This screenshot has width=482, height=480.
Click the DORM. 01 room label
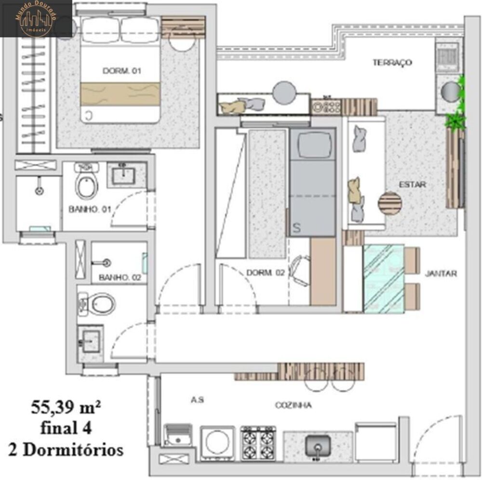pos(121,71)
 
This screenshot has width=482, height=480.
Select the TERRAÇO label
pos(392,63)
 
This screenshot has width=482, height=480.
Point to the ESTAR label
pos(412,185)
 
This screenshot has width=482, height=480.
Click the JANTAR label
pos(441,273)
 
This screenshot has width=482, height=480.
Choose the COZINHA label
pos(293,405)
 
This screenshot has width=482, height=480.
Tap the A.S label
pos(197,400)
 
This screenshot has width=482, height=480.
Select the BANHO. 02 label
pos(113,278)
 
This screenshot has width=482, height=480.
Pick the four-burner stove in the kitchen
pos(258,442)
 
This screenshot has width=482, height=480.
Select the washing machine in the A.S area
pos(217,440)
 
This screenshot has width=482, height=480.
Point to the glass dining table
pos(384,278)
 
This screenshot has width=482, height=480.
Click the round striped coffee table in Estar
pos(389,203)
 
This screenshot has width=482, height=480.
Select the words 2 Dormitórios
pos(66,450)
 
